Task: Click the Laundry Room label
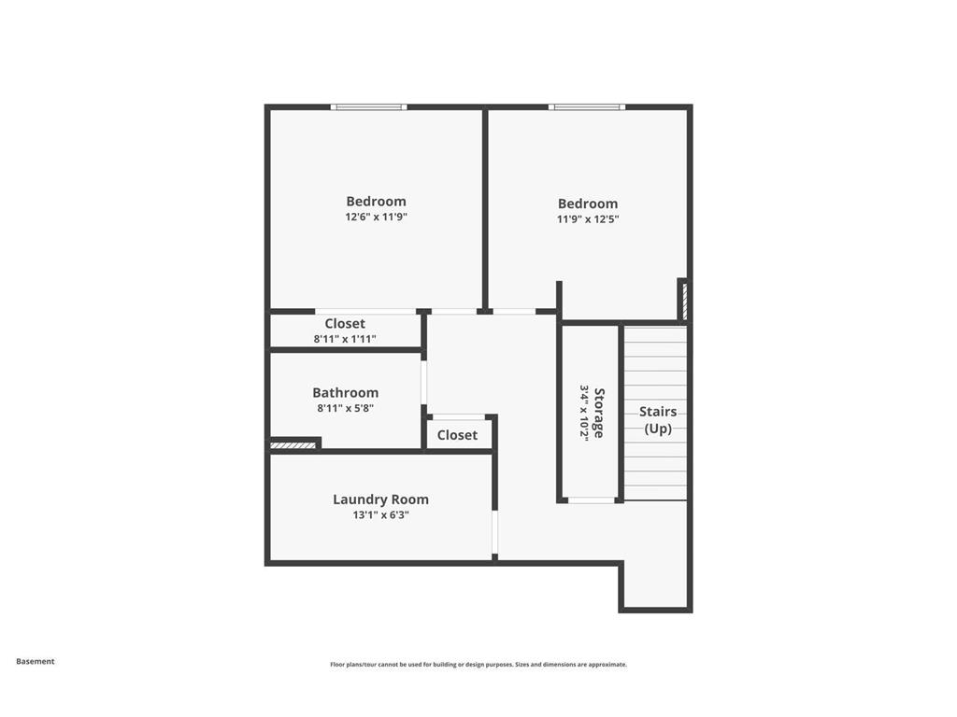click(381, 499)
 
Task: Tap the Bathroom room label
click(346, 393)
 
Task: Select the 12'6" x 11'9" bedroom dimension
click(376, 217)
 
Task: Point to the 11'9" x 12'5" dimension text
click(588, 219)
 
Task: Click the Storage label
click(599, 413)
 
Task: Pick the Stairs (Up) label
click(658, 420)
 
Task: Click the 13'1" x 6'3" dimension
click(381, 515)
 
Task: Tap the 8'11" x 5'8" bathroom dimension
click(346, 409)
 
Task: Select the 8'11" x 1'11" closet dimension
click(345, 339)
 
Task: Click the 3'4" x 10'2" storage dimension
click(584, 413)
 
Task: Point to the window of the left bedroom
click(368, 107)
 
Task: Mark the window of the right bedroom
click(587, 107)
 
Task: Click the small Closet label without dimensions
click(457, 435)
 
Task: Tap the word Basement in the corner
click(36, 662)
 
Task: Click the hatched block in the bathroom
click(293, 445)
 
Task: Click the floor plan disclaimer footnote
click(478, 665)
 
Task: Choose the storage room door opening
click(592, 500)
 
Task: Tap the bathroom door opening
click(424, 382)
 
